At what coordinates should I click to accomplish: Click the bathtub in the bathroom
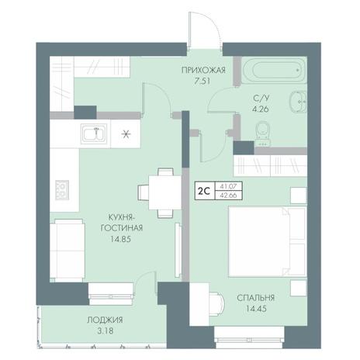pyautogui.click(x=274, y=70)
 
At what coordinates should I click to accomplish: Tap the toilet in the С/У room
pyautogui.click(x=263, y=133)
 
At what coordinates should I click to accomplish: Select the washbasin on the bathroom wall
pyautogui.click(x=299, y=102)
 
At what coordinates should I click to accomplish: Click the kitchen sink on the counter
pyautogui.click(x=94, y=133)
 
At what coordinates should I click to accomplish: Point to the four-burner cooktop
pyautogui.click(x=62, y=190)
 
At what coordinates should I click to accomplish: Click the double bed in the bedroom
pyautogui.click(x=268, y=241)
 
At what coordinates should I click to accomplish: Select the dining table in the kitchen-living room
pyautogui.click(x=164, y=192)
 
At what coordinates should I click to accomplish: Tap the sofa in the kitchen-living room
pyautogui.click(x=67, y=251)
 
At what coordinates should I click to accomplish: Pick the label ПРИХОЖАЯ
pyautogui.click(x=203, y=70)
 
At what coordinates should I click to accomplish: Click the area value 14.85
pyautogui.click(x=120, y=239)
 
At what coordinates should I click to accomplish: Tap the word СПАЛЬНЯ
pyautogui.click(x=255, y=298)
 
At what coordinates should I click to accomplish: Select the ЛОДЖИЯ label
pyautogui.click(x=105, y=320)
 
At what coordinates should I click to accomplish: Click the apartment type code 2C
pyautogui.click(x=203, y=191)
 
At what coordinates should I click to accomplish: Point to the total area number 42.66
pyautogui.click(x=228, y=196)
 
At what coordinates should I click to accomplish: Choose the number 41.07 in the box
pyautogui.click(x=228, y=186)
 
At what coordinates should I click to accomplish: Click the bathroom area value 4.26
pyautogui.click(x=261, y=109)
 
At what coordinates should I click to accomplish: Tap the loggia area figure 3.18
pyautogui.click(x=106, y=331)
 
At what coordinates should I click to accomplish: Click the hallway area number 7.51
pyautogui.click(x=202, y=81)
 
